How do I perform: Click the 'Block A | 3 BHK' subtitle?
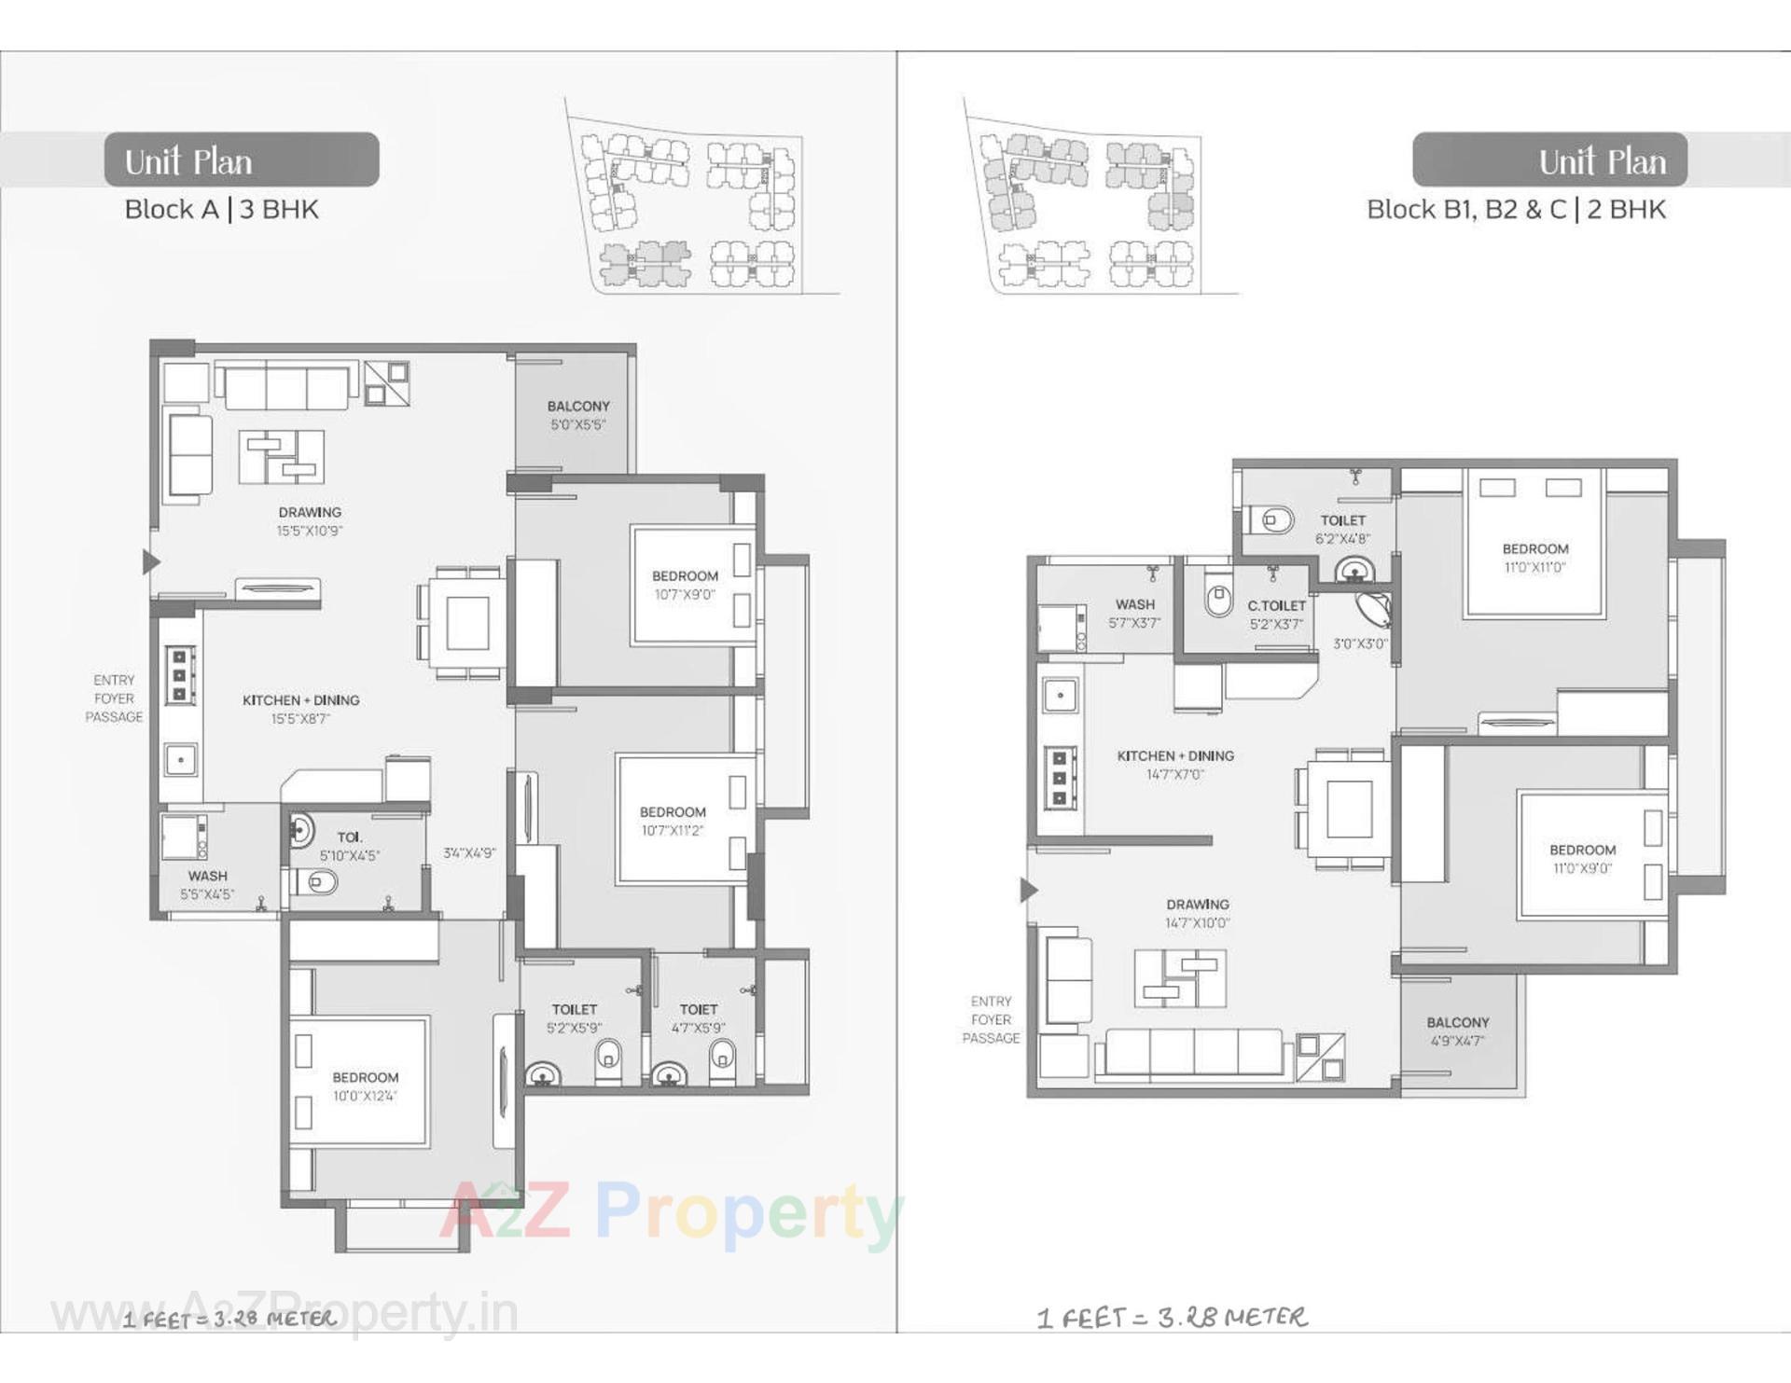pyautogui.click(x=222, y=210)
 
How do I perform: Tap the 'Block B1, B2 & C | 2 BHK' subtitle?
pyautogui.click(x=1516, y=210)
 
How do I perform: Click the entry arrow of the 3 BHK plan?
pyautogui.click(x=150, y=561)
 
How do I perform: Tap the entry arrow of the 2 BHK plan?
pyautogui.click(x=1028, y=891)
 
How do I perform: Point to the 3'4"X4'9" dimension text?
pyautogui.click(x=469, y=853)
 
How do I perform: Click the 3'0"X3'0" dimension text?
pyautogui.click(x=1360, y=643)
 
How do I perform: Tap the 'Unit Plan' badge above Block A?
pyautogui.click(x=241, y=160)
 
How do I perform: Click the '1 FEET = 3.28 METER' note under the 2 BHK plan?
pyautogui.click(x=1172, y=1317)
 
